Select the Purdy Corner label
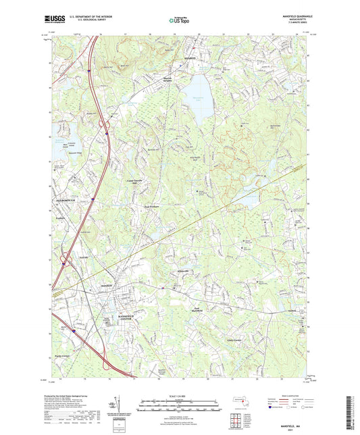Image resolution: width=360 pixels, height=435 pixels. coord(63,355)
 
